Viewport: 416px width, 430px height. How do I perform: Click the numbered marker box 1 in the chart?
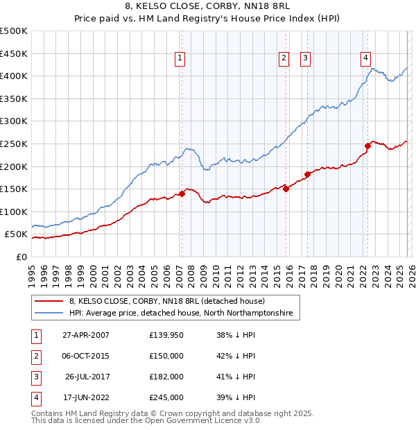click(180, 59)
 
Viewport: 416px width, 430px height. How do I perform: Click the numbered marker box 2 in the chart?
click(284, 59)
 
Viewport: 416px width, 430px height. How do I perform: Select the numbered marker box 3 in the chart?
click(305, 59)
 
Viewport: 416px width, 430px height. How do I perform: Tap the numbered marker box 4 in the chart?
click(365, 59)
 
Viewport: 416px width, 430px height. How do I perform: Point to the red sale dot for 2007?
click(182, 194)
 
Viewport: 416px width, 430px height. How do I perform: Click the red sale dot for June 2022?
click(367, 146)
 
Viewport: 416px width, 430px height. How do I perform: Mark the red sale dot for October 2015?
click(286, 189)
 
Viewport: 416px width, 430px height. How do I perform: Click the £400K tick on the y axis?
click(14, 76)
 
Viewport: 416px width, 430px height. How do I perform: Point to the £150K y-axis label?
click(14, 189)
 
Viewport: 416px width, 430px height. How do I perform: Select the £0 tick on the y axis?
click(21, 257)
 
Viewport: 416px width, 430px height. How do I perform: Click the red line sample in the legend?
click(49, 302)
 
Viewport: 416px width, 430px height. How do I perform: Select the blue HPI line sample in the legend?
click(49, 313)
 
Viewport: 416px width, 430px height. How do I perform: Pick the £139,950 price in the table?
click(166, 335)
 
